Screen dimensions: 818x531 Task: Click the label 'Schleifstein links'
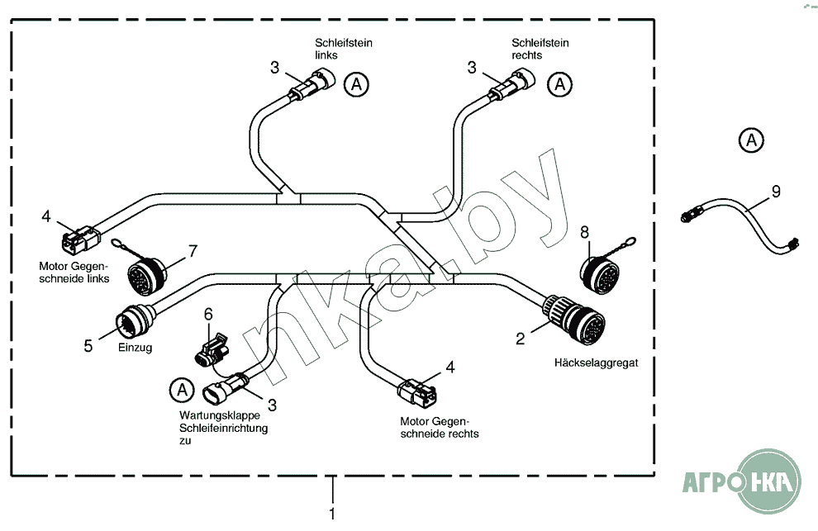pos(343,49)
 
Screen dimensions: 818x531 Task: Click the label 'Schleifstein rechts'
pos(540,49)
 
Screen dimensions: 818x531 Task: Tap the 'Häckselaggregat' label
pos(596,363)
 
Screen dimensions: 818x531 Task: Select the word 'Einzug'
pos(136,348)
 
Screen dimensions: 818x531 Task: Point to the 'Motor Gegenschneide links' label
pos(74,273)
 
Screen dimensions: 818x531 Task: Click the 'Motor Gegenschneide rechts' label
pos(440,427)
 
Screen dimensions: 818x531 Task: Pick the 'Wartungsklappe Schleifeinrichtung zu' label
pos(223,428)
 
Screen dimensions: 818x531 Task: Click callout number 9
pos(776,192)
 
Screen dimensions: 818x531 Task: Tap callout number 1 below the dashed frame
pos(332,514)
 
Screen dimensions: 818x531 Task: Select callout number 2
pos(520,339)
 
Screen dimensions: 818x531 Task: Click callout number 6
pos(208,314)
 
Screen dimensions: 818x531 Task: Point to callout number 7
pos(193,251)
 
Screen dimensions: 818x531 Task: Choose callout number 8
pos(584,232)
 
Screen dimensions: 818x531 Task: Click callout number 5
pos(88,345)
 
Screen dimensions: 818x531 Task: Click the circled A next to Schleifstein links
pos(356,84)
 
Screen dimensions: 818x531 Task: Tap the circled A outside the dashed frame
pos(751,140)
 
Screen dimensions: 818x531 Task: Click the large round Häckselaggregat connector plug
pos(575,319)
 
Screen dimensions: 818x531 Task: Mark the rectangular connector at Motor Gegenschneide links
pos(80,239)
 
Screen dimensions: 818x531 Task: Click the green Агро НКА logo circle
pos(769,481)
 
